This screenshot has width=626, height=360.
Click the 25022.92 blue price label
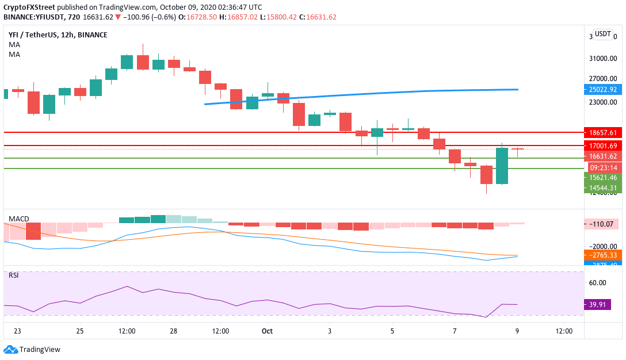[x=602, y=89]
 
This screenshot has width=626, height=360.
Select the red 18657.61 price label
[x=602, y=132]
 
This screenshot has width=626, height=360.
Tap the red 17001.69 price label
[x=602, y=145]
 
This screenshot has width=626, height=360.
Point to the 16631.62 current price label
[x=602, y=156]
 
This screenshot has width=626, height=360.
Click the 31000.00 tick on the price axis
[x=602, y=58]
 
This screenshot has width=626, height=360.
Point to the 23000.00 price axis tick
[x=602, y=102]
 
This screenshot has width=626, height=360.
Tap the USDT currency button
[x=603, y=34]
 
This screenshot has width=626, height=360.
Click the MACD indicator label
[x=18, y=219]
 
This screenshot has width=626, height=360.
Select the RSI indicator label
[x=13, y=275]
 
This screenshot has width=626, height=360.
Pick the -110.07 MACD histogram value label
[x=602, y=224]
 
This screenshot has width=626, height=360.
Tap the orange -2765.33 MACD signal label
[x=602, y=254]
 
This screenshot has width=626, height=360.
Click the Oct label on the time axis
[x=266, y=331]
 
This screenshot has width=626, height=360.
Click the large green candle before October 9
[x=502, y=166]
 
